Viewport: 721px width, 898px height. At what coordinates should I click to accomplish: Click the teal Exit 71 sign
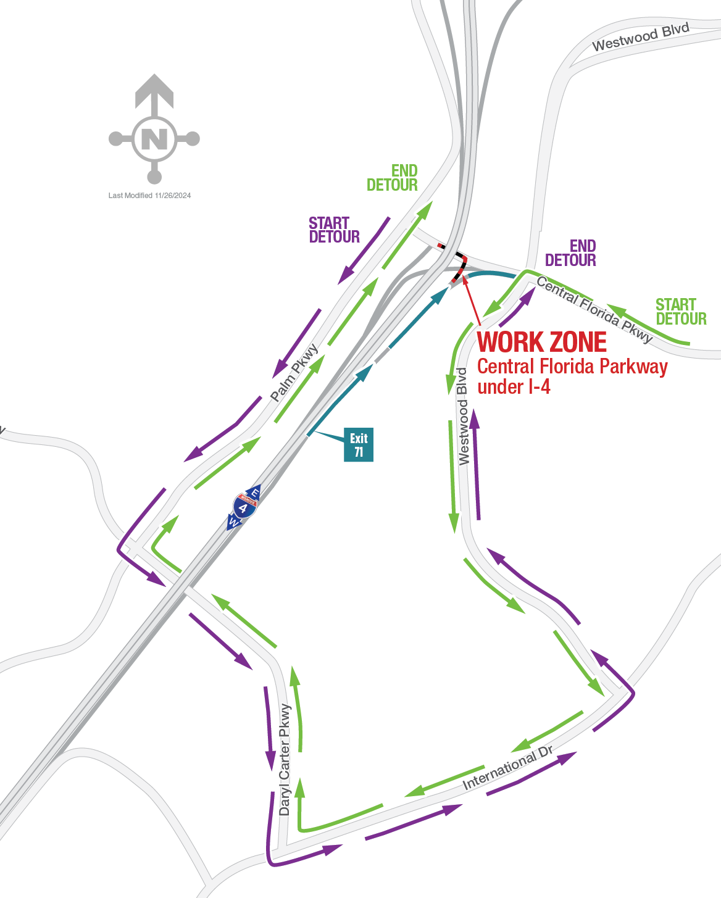click(x=359, y=444)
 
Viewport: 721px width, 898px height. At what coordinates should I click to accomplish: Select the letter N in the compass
click(x=154, y=139)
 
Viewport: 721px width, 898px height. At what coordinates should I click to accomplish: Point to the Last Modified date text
click(x=149, y=196)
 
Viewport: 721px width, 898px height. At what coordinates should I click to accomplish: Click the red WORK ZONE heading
click(x=542, y=343)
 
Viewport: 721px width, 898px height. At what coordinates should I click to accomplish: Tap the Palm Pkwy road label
click(x=295, y=373)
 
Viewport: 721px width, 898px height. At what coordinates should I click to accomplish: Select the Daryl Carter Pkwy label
click(x=285, y=759)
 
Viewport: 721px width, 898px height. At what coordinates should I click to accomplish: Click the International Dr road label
click(x=507, y=768)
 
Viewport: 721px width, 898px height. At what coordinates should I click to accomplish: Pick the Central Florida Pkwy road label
click(x=594, y=309)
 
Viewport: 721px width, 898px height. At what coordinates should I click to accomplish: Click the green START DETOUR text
click(x=680, y=312)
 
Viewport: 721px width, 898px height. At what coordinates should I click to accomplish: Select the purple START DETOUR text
click(x=334, y=230)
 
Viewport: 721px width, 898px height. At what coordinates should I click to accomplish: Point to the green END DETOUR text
click(x=393, y=178)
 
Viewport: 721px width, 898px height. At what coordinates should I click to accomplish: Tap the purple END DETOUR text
click(x=571, y=254)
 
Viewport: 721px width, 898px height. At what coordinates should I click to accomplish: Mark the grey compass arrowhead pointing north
click(x=154, y=89)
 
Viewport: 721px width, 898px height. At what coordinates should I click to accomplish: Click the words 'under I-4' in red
click(x=514, y=387)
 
